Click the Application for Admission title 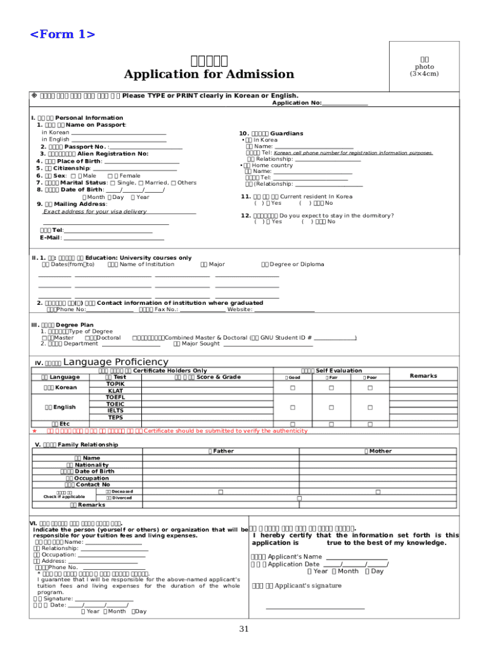209,75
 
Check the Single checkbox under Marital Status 112,183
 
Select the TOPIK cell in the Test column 115,384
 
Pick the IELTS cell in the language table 115,411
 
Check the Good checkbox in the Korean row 293,387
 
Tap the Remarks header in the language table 423,376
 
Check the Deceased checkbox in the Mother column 378,492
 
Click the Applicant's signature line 315,608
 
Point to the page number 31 244,629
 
